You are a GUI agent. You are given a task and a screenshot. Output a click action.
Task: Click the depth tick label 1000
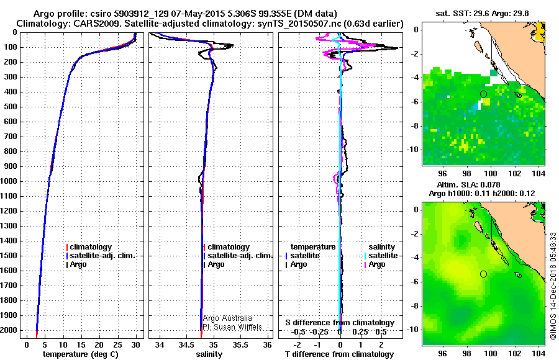11,181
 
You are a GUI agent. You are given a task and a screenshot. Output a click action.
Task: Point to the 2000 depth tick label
11,330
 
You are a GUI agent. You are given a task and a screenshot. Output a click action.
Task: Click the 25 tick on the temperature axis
117,344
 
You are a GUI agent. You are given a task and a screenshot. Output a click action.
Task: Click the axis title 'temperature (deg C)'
80,354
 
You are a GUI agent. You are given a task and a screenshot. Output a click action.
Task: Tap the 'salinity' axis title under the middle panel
209,354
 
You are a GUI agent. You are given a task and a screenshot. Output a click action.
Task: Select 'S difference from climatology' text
340,323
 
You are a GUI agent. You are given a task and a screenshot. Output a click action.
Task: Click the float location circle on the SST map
483,94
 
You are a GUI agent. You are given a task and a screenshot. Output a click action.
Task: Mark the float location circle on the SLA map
483,274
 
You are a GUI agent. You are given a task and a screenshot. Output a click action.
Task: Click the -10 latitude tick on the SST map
413,150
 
